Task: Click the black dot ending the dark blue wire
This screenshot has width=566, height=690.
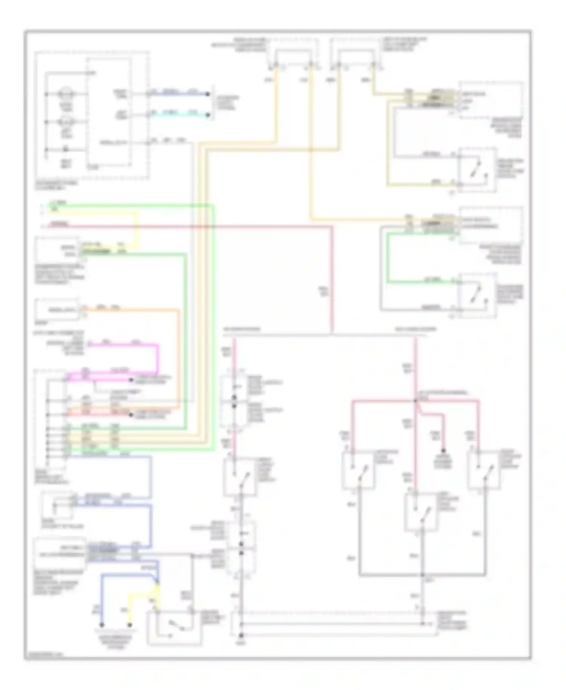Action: (208, 94)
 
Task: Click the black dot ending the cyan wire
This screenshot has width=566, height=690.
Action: (208, 115)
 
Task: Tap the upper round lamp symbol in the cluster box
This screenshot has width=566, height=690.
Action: (66, 94)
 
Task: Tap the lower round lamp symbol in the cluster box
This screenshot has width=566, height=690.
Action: (66, 122)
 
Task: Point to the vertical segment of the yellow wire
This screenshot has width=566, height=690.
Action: (137, 230)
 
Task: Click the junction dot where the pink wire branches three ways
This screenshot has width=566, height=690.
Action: (415, 400)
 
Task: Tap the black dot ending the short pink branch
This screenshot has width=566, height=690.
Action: (444, 451)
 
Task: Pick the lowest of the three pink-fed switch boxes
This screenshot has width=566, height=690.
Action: (421, 512)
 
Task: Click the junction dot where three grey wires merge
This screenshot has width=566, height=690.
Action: (422, 575)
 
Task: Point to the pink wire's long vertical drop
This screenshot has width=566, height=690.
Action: (332, 279)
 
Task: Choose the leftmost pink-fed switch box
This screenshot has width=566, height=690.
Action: (358, 470)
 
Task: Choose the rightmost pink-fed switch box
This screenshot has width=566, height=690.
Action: (484, 470)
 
